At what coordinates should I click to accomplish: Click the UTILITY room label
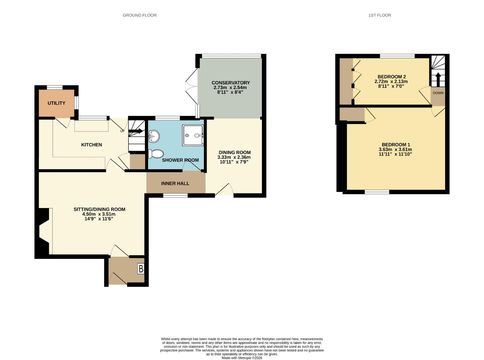coord(57,103)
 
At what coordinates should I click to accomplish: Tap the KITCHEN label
coord(91,145)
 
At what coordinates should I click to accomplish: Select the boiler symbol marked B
coord(141,269)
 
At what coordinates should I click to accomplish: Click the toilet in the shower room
coord(156,154)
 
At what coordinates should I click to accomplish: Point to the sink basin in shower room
coord(154,136)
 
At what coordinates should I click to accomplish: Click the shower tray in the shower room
coord(193,135)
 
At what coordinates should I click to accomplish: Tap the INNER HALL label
coord(175,183)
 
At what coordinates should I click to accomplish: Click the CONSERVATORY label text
coord(231,83)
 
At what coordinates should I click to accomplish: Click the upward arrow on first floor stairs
coord(438,80)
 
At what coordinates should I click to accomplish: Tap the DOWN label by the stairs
coord(438,93)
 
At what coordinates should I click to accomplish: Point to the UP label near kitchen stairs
coord(122,131)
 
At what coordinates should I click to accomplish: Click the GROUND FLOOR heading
coord(140,15)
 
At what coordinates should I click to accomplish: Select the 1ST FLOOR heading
coord(380,15)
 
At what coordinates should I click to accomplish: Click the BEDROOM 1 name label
coord(396,145)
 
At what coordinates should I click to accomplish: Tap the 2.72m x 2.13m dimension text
coord(391,81)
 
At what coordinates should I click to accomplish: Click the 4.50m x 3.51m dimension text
coord(99,214)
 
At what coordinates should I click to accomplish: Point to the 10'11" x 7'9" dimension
coord(234,162)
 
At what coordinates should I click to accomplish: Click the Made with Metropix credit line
coord(242,358)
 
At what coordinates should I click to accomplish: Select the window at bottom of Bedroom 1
coord(377,192)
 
